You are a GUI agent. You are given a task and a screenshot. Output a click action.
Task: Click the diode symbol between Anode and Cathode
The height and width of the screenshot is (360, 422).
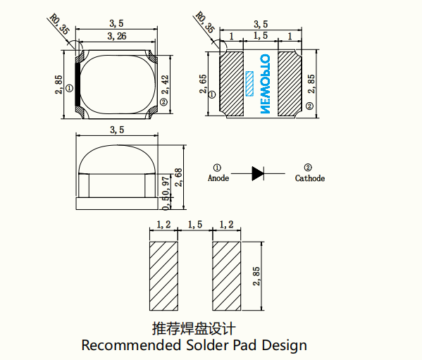[258, 172]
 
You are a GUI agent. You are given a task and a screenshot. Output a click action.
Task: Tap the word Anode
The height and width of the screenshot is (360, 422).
[218, 179]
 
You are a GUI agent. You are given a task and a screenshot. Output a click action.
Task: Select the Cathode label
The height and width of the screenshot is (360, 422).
[309, 179]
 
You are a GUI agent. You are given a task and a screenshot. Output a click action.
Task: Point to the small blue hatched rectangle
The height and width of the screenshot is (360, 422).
[249, 83]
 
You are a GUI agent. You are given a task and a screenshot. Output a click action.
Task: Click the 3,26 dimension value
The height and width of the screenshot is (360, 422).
[117, 36]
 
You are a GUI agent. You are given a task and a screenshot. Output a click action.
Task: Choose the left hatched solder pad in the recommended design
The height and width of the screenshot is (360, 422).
[166, 275]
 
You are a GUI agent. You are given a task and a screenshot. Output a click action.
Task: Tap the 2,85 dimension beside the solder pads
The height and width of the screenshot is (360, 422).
[257, 275]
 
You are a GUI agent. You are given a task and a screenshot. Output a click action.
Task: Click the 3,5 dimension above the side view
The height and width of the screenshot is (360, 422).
[117, 130]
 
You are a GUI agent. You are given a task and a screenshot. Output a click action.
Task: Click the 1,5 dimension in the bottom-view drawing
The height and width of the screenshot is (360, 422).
[260, 35]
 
